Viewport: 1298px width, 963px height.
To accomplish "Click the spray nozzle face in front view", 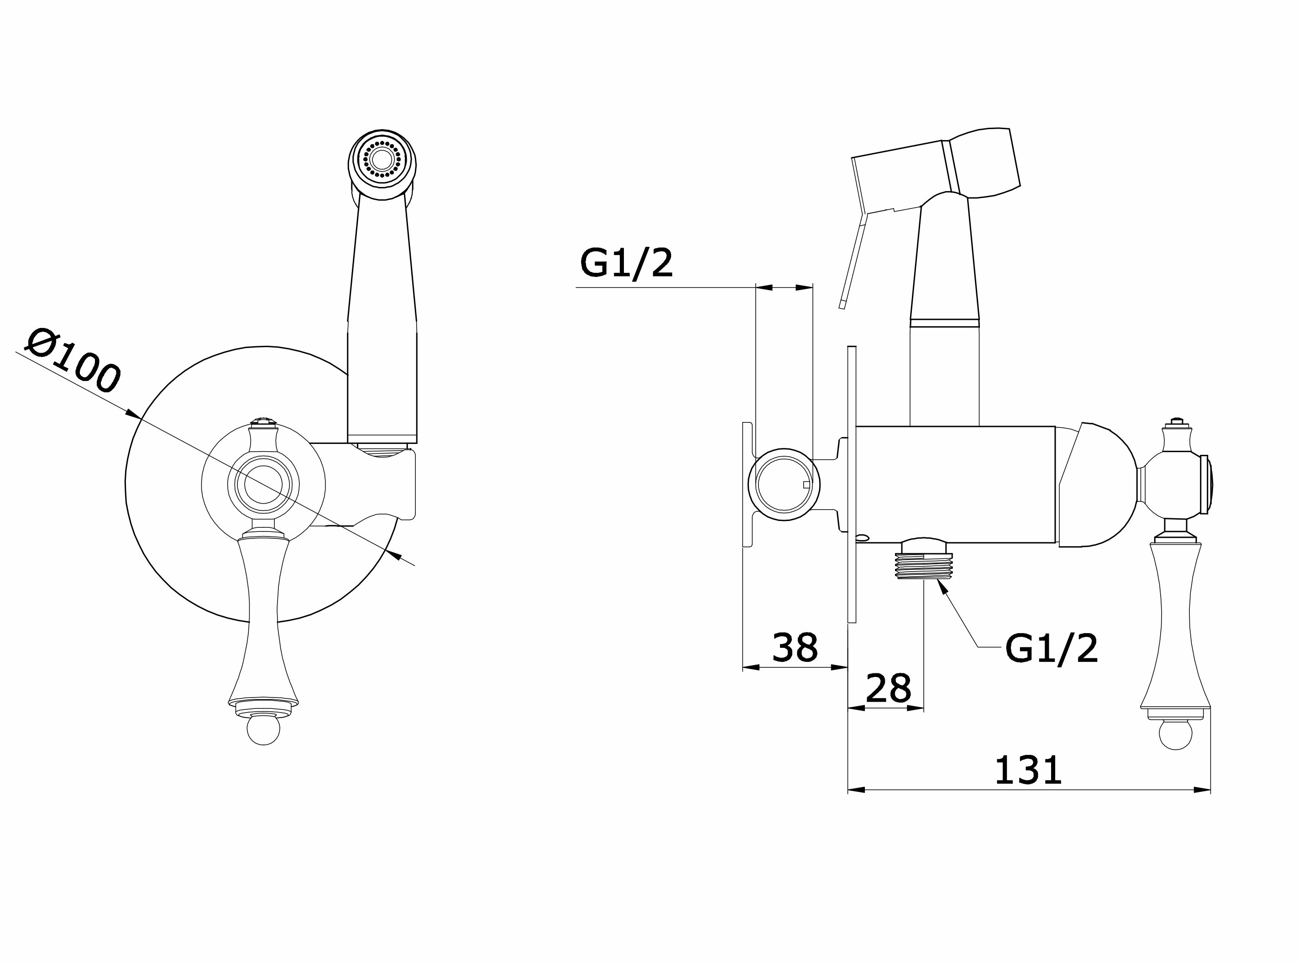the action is point(382,158).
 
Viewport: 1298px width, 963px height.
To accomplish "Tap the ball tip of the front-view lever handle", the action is point(263,730).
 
